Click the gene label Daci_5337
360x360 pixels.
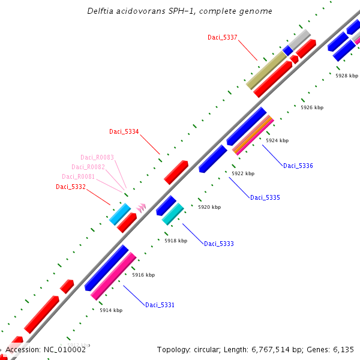point(223,37)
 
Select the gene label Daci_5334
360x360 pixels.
point(124,131)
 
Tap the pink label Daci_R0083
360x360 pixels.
point(97,157)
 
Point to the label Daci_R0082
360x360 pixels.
point(88,167)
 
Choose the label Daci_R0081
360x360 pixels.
point(79,176)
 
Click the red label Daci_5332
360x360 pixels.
point(71,187)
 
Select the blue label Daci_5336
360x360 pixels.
point(298,166)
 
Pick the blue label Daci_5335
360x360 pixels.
point(265,197)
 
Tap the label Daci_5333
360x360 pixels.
point(219,244)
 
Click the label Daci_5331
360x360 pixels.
point(160,305)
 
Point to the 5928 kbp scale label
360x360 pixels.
point(346,76)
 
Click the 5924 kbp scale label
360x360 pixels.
point(277,140)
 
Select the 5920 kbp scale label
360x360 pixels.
point(209,207)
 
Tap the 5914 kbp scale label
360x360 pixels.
point(111,310)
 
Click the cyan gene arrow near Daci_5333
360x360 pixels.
point(173,214)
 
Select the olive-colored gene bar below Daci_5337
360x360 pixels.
point(266,70)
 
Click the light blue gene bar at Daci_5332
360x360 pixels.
point(120,214)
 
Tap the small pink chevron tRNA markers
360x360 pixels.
point(141,206)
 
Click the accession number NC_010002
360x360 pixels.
point(46,349)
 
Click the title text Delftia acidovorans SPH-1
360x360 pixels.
point(179,11)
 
